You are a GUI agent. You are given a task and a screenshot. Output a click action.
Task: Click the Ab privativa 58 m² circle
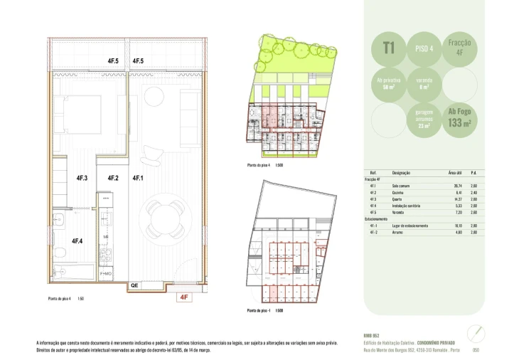click(389, 84)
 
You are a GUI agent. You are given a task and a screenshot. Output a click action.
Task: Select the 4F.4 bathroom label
click(78, 240)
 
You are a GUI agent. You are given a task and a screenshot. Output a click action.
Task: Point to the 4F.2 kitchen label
click(113, 179)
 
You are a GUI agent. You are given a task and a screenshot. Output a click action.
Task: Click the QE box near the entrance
click(134, 285)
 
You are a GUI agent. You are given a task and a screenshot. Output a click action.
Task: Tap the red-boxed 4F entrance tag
click(183, 299)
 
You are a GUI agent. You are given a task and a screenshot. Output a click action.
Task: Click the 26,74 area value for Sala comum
click(448, 186)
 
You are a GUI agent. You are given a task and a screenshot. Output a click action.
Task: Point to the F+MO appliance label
click(106, 273)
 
